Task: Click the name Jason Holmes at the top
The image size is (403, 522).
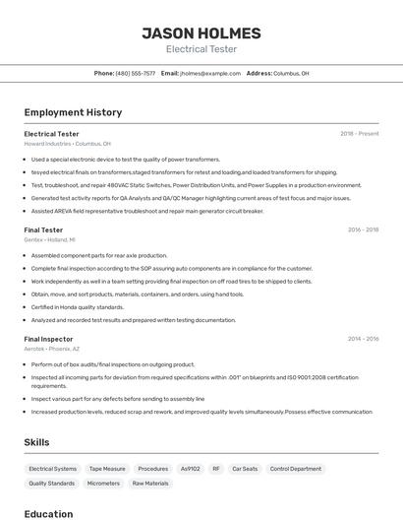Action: (x=201, y=33)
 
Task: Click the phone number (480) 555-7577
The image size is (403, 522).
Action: (x=136, y=73)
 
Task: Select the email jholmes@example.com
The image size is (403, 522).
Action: (x=209, y=73)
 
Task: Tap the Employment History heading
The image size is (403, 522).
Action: (x=73, y=112)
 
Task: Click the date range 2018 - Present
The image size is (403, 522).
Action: (x=359, y=133)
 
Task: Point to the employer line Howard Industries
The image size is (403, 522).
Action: (x=67, y=143)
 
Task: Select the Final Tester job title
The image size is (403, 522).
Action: (x=43, y=229)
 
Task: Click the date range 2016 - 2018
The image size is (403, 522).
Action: (x=363, y=229)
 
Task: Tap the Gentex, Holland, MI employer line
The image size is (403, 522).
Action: (x=49, y=239)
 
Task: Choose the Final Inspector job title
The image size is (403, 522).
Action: (x=48, y=339)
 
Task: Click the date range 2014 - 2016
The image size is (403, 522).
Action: (x=363, y=339)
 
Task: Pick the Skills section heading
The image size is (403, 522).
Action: (x=36, y=442)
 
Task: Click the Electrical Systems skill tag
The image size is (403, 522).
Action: (x=52, y=469)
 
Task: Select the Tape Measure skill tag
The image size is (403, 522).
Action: (x=107, y=469)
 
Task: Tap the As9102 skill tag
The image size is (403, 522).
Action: (x=190, y=469)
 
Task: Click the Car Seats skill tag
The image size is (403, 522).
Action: (x=244, y=469)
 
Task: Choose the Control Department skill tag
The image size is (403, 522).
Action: (x=296, y=469)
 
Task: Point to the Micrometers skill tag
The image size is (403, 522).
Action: (x=103, y=484)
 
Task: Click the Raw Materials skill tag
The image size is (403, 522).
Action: (x=150, y=484)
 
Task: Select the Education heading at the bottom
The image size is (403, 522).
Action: (x=48, y=514)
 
